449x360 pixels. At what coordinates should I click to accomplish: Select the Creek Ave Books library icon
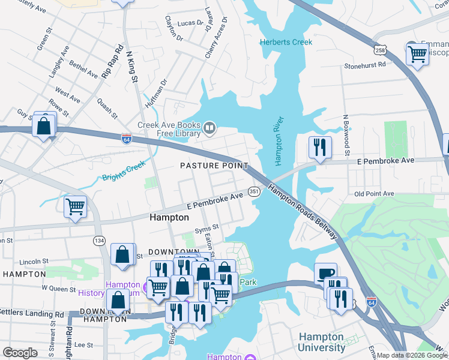pos(209,127)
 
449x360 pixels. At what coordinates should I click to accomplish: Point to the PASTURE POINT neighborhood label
pos(214,165)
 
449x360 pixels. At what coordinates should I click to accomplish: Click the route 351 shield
pos(254,191)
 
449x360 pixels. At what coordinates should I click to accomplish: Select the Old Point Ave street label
pos(373,194)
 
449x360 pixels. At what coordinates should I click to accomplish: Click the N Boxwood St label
pos(346,131)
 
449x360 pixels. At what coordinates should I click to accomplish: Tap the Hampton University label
pos(322,343)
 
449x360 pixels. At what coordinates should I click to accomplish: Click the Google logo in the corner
pos(20,353)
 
